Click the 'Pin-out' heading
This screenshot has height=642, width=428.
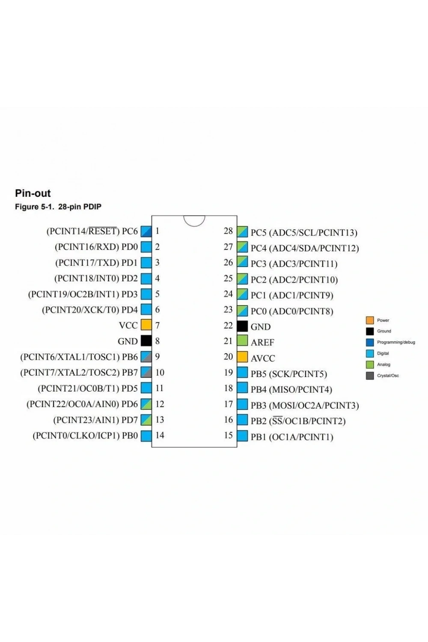pos(33,193)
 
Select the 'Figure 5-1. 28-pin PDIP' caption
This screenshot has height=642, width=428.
pos(58,207)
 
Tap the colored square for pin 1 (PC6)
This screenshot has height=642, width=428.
pos(146,232)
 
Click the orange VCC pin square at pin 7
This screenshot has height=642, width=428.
pos(146,325)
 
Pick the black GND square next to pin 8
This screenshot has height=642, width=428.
pos(146,341)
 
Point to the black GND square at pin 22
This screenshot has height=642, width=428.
pos(242,326)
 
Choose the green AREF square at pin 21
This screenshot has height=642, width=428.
pos(242,341)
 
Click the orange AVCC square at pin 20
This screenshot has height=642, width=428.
pos(242,357)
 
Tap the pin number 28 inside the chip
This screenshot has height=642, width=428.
pos(228,231)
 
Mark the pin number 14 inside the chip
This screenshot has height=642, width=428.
pos(160,435)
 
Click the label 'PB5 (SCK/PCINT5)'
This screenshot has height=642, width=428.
pos(288,374)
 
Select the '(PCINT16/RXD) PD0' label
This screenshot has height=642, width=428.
pos(96,247)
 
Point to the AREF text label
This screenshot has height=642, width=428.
pos(262,342)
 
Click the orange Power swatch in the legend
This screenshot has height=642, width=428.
pos(370,320)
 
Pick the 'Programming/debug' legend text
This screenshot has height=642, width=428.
pos(396,342)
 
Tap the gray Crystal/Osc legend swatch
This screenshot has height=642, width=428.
pos(370,376)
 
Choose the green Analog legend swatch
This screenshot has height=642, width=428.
pos(370,365)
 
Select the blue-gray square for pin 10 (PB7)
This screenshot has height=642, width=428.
pos(146,372)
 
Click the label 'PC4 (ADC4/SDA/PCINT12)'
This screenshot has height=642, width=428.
pos(305,248)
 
